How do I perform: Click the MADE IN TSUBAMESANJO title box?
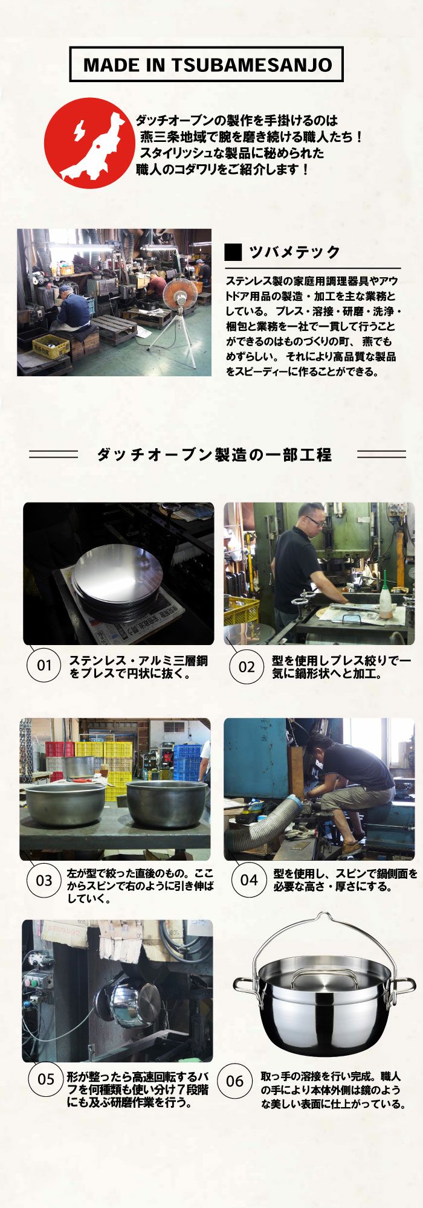(207, 65)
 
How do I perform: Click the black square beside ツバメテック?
(233, 252)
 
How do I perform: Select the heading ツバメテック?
(294, 252)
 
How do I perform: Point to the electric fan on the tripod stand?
(178, 296)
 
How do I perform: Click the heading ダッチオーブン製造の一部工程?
(214, 454)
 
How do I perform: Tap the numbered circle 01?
(44, 666)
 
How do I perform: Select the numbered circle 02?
(247, 667)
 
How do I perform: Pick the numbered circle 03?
(44, 880)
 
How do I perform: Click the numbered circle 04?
(248, 879)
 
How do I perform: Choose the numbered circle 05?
(46, 1079)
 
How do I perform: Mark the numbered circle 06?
(234, 1081)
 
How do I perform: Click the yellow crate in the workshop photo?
(50, 345)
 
